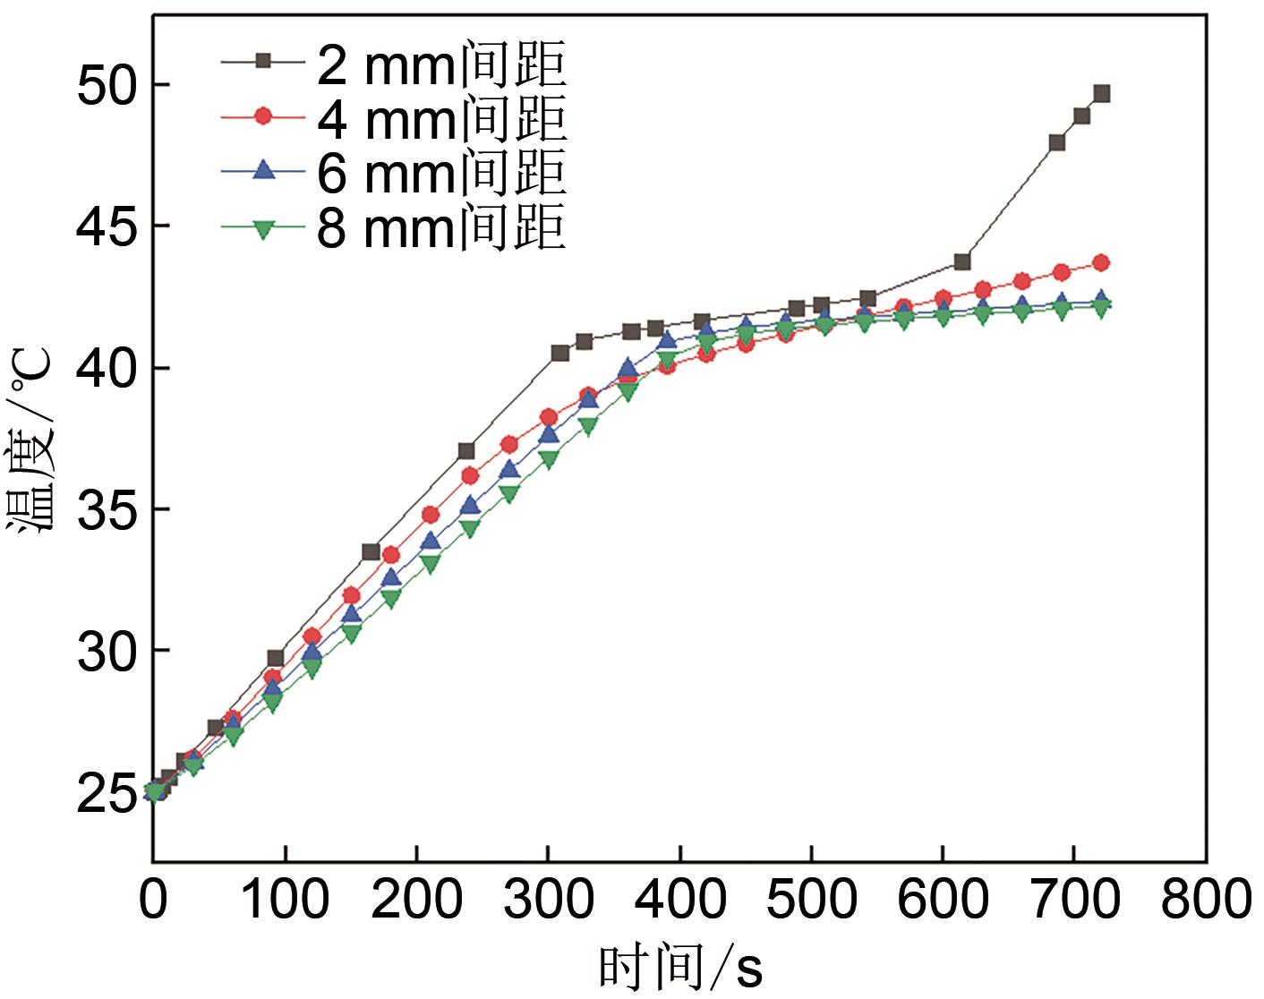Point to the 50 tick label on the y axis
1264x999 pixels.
106,84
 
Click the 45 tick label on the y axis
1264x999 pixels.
106,226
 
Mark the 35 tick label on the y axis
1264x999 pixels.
106,509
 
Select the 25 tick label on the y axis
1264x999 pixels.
106,793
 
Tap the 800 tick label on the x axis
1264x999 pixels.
1205,901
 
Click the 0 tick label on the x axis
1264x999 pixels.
154,901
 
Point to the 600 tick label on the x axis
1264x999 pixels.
942,901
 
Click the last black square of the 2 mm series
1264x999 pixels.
1101,94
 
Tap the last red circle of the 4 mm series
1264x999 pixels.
1101,262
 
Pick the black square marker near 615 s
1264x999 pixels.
962,261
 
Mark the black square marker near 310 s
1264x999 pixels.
560,353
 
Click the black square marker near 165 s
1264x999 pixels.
371,551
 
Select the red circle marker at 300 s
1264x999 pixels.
549,417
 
